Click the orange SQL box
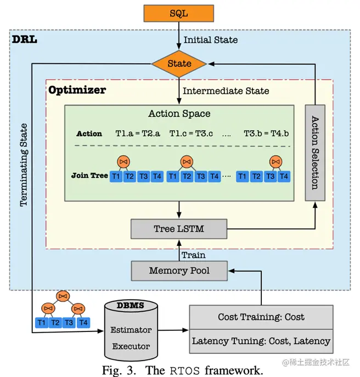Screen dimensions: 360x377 (x=179, y=14)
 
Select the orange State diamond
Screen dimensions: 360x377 (x=179, y=64)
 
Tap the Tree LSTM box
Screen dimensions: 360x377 (x=179, y=229)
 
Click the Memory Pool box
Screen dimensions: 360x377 (x=179, y=271)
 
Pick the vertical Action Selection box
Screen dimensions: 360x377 (x=315, y=153)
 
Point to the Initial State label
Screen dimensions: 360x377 (x=211, y=40)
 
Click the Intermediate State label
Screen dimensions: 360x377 (x=226, y=91)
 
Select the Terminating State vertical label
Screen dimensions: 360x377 (x=24, y=165)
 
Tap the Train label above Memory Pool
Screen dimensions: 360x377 (x=194, y=255)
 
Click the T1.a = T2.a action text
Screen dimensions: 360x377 (x=138, y=133)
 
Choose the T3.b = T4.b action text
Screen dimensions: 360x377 (x=266, y=133)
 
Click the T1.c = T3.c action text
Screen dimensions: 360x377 (x=191, y=133)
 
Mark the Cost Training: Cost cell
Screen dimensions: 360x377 (x=261, y=317)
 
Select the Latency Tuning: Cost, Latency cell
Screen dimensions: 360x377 (x=261, y=341)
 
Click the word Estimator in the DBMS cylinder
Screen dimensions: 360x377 (x=131, y=330)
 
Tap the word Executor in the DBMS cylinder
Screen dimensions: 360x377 (x=131, y=346)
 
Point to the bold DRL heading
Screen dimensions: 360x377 (x=25, y=40)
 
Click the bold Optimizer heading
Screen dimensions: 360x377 (x=77, y=90)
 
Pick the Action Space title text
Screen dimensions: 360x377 (x=179, y=114)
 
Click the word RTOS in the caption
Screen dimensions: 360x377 (x=184, y=371)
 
